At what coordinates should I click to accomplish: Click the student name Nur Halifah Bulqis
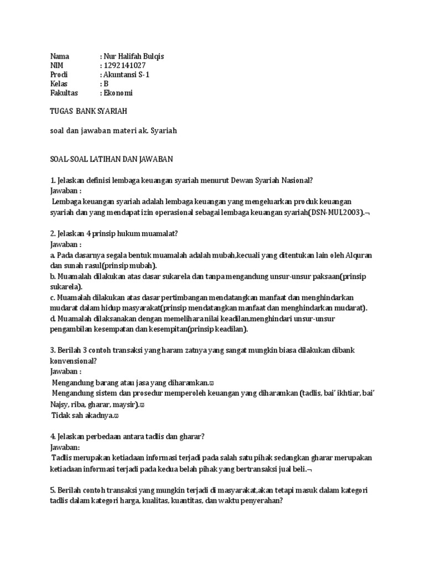pyautogui.click(x=133, y=56)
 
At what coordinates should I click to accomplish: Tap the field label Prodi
pyautogui.click(x=59, y=75)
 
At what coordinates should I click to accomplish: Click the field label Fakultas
pyautogui.click(x=64, y=93)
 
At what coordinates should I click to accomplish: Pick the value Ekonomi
pyautogui.click(x=118, y=93)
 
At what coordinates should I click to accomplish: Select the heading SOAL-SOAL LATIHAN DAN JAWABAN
pyautogui.click(x=112, y=159)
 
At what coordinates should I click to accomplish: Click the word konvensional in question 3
pyautogui.click(x=74, y=360)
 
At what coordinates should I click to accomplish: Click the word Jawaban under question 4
pyautogui.click(x=65, y=446)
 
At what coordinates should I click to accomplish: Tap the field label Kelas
pyautogui.click(x=59, y=84)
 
